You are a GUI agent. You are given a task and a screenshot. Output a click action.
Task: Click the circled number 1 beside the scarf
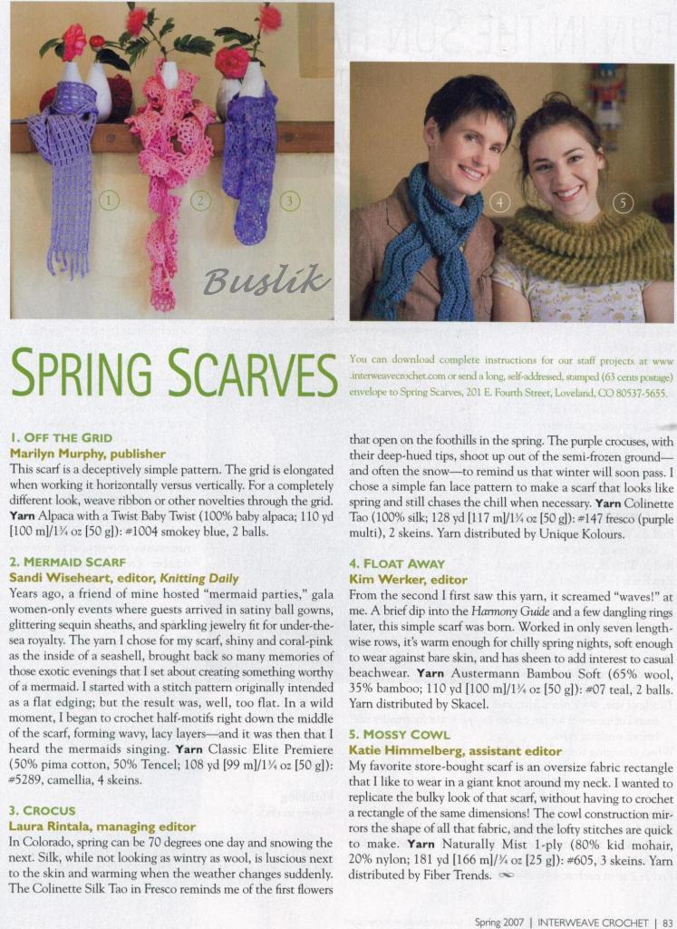[x=110, y=199]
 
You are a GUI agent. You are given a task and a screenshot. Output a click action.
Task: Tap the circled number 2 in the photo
[x=201, y=199]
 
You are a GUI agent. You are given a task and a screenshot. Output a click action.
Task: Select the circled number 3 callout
[x=289, y=199]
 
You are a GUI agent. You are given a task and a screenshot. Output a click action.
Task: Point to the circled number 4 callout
[x=499, y=202]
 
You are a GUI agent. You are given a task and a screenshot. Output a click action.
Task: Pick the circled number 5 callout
[x=623, y=202]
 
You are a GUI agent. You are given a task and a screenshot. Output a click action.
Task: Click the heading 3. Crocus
[x=43, y=810]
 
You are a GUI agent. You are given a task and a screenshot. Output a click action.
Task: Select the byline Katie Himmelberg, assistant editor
[x=455, y=749]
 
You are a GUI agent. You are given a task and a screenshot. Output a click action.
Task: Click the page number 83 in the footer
[x=666, y=922]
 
